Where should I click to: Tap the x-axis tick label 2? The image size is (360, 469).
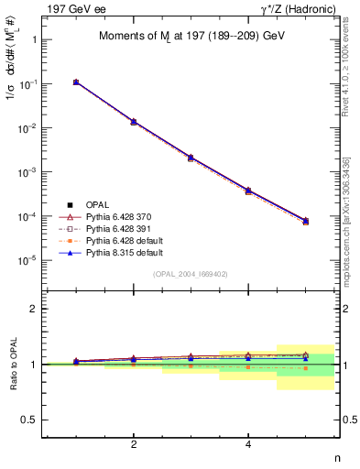coord(134,444)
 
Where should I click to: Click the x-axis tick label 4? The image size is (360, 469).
coord(248,444)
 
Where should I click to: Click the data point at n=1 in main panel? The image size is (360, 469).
coord(76,82)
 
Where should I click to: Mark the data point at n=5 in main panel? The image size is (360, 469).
coord(306,221)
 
